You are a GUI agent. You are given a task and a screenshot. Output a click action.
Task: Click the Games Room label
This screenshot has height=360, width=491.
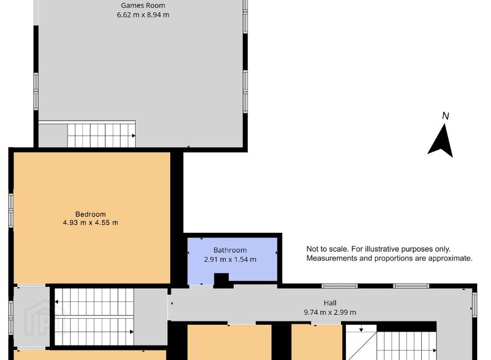coord(143,6)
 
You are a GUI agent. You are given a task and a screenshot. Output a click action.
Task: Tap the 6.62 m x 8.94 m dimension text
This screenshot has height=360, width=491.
coord(143,15)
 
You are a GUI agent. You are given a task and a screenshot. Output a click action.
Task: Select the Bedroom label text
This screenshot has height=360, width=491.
coord(90,214)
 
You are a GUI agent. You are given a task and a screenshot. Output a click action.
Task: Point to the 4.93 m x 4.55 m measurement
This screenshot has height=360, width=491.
coord(90,223)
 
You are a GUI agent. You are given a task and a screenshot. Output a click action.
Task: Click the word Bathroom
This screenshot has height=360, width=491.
coord(230,250)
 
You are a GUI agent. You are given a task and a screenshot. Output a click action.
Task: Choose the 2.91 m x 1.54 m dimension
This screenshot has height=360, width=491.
coord(230,260)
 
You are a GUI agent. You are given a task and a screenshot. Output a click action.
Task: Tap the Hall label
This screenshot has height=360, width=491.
coord(330,303)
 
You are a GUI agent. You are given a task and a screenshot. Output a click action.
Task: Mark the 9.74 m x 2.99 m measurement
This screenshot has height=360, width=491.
coord(330,313)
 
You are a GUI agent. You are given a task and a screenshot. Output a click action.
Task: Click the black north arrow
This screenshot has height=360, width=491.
coord(441,142)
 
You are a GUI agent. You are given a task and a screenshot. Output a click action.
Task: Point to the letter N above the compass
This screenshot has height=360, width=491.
coord(446,116)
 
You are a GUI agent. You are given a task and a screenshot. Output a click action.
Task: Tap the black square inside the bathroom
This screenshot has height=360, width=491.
coord(222,279)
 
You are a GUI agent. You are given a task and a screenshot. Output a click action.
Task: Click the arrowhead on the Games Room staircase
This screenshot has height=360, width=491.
coord(134,136)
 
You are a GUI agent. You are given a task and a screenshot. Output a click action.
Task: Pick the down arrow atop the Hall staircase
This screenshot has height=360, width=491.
coord(361,330)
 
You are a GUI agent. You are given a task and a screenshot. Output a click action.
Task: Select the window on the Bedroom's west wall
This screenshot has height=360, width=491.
coord(11,210)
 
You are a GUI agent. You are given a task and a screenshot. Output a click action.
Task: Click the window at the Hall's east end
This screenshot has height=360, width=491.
coord(475,304)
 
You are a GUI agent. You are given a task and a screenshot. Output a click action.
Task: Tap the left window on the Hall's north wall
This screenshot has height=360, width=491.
coord(340,286)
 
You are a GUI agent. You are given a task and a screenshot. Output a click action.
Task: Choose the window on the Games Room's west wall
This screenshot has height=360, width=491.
coord(36,92)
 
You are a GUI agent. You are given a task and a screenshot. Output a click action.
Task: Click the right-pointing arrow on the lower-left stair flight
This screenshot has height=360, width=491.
coord(132,332)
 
